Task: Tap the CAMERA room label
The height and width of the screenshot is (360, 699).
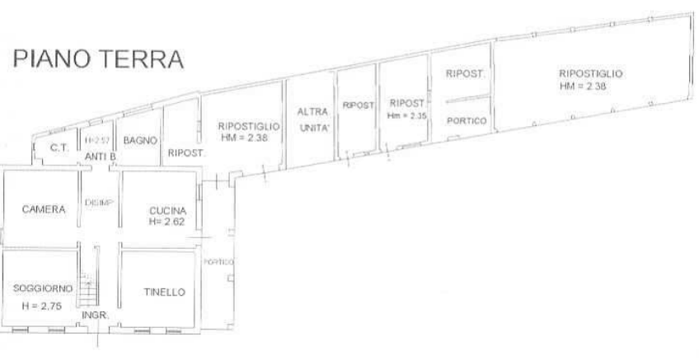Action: point(44,209)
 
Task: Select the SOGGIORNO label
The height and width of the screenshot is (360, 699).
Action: point(43,288)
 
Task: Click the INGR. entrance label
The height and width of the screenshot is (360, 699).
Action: point(91,315)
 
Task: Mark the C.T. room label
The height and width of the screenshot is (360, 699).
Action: point(56,148)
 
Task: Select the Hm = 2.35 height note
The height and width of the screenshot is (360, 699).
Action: point(407,117)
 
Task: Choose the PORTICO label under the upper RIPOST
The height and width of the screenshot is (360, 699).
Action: point(466,120)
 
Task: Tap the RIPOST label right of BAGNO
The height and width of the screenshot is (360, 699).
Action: point(185,152)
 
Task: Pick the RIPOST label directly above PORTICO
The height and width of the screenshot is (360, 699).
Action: point(463,73)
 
